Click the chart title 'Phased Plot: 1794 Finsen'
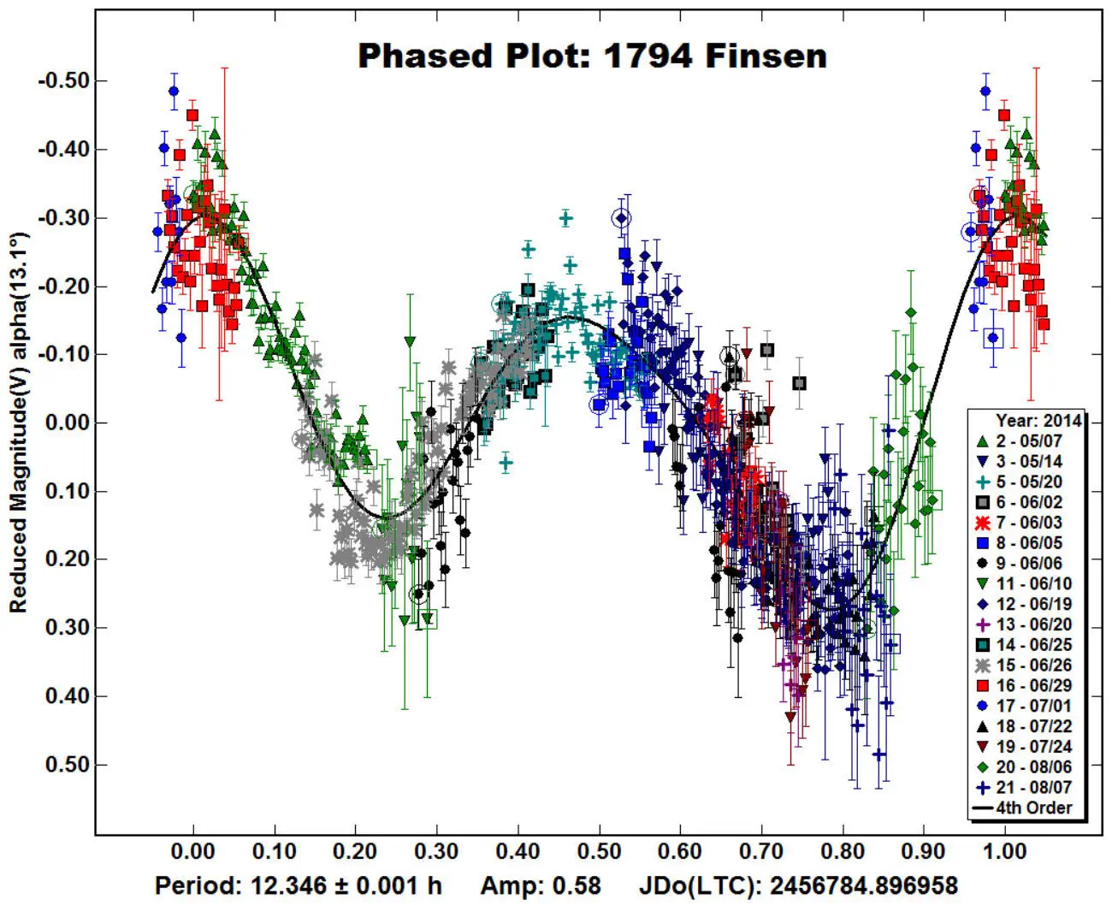[x=592, y=56]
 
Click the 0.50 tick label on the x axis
[x=600, y=852]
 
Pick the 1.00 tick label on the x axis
[x=1005, y=852]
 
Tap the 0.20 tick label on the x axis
[x=356, y=852]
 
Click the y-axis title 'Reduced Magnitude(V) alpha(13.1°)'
[x=19, y=423]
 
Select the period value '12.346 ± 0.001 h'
[x=346, y=885]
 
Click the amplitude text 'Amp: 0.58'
[x=541, y=885]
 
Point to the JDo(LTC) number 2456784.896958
[x=858, y=885]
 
